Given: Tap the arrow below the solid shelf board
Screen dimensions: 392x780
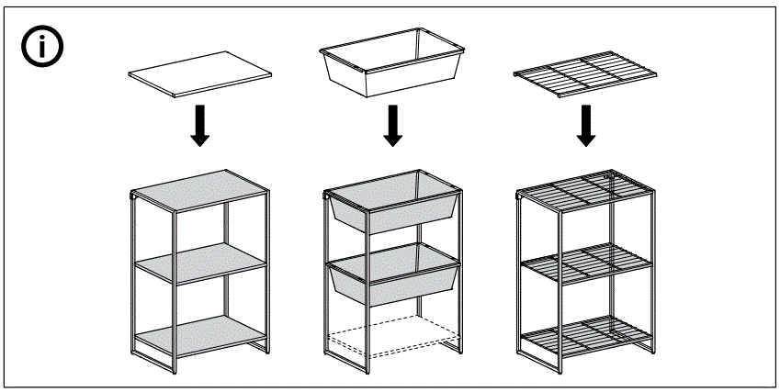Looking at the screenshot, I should pyautogui.click(x=198, y=125).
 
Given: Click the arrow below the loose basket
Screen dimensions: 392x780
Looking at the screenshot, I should pyautogui.click(x=392, y=125).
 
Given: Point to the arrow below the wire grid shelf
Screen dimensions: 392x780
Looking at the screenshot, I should pyautogui.click(x=584, y=125).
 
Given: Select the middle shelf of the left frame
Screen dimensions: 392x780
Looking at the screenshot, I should pyautogui.click(x=201, y=264).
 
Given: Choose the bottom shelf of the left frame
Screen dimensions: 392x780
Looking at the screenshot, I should pyautogui.click(x=200, y=337).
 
